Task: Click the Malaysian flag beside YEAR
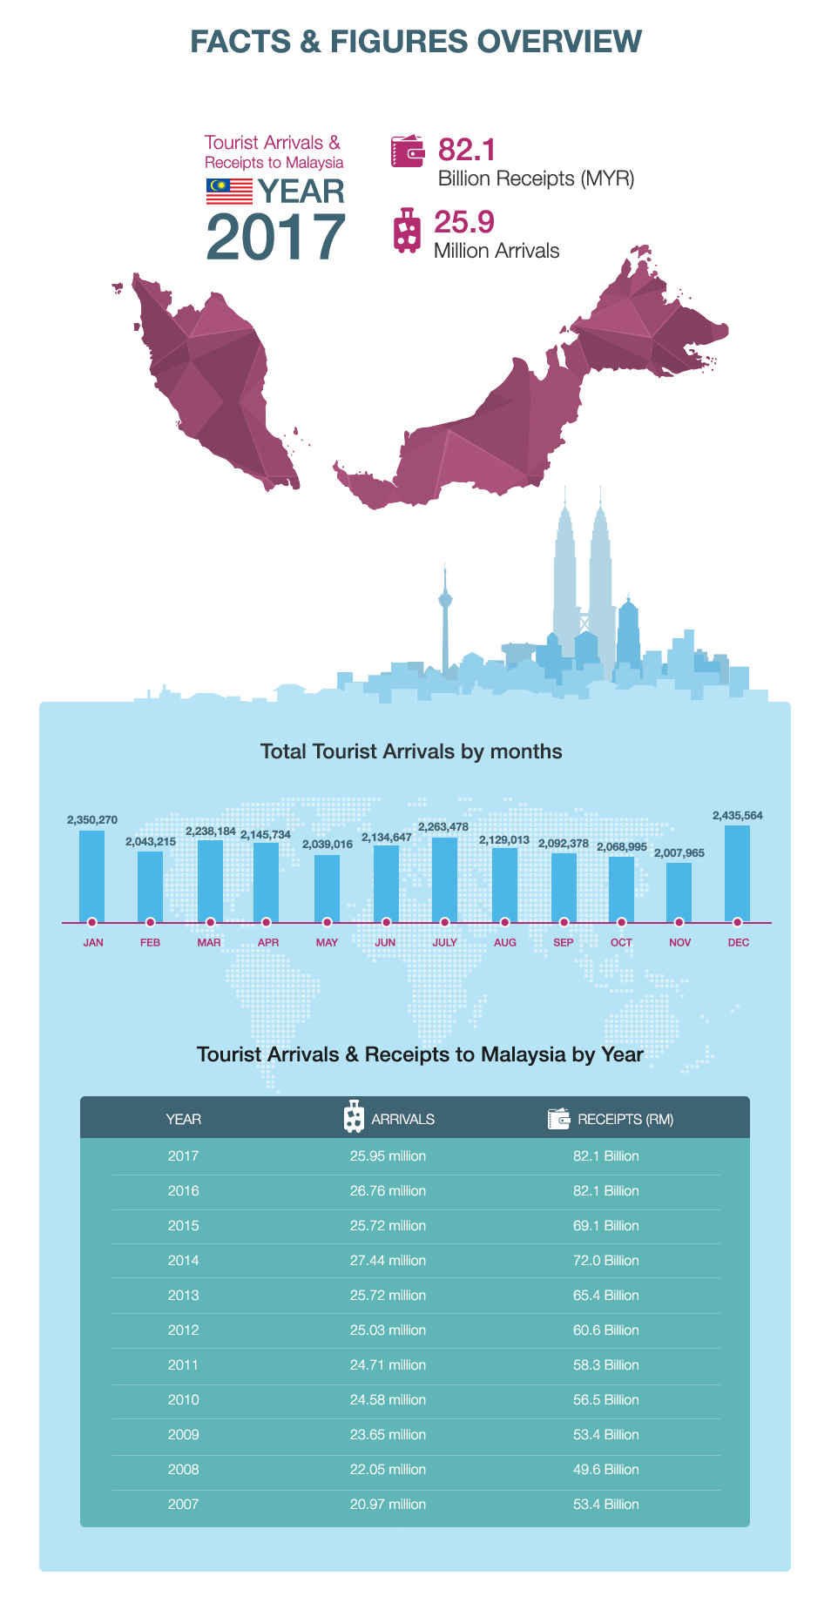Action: (229, 192)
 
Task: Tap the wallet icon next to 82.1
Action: (408, 151)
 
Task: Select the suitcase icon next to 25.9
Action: (406, 230)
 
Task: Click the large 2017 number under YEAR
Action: (276, 237)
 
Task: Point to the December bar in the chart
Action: (737, 873)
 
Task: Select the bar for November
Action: (679, 892)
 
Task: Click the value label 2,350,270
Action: (92, 820)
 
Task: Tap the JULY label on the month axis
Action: (445, 943)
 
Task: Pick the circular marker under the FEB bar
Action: (151, 922)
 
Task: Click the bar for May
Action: (327, 888)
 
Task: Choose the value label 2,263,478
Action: (443, 827)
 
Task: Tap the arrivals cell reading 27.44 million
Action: (388, 1261)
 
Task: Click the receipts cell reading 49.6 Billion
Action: (606, 1470)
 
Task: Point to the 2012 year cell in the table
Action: (183, 1330)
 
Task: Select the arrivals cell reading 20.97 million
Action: (388, 1505)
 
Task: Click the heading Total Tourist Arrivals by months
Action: (411, 751)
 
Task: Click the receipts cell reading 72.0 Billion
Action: (606, 1261)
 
